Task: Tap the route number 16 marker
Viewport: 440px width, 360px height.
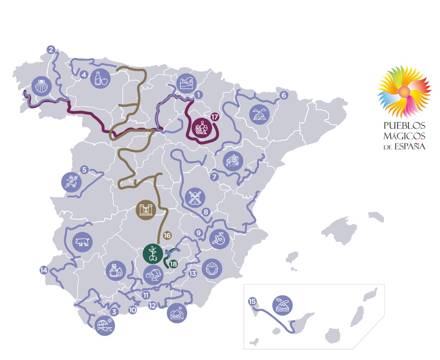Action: (167, 235)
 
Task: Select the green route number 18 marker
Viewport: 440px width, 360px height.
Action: (173, 264)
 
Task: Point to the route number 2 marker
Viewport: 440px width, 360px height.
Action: (51, 49)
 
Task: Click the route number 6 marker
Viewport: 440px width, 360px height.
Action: (284, 95)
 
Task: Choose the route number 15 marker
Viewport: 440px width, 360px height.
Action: (253, 302)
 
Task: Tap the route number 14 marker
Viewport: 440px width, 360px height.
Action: (43, 270)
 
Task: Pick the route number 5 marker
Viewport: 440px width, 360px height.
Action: (84, 170)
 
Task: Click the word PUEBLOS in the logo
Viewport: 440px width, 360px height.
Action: (404, 126)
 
